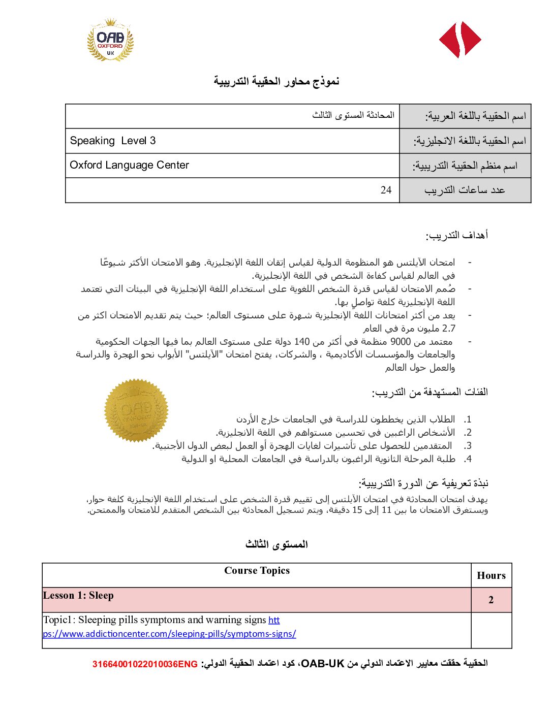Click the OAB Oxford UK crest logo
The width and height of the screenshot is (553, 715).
click(x=111, y=40)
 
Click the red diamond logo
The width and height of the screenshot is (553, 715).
click(x=460, y=40)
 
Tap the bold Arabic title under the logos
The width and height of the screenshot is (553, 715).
click(x=276, y=81)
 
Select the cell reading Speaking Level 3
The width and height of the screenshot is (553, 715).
click(x=113, y=141)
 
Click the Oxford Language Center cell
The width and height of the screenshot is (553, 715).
click(x=129, y=165)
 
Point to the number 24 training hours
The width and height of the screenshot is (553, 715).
click(x=386, y=190)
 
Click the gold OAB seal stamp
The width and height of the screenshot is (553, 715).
click(x=136, y=410)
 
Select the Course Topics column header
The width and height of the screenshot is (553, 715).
click(x=257, y=571)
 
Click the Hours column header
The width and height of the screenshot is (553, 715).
click(x=491, y=575)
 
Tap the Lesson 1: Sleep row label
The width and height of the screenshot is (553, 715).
click(x=78, y=596)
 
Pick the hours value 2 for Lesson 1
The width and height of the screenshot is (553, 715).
click(x=491, y=600)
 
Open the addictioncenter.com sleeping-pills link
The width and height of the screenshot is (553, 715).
click(x=169, y=634)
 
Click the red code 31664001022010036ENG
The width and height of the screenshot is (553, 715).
click(x=145, y=664)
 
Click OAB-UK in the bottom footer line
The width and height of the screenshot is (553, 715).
click(x=323, y=663)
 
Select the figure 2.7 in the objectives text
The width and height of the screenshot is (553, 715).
click(x=449, y=328)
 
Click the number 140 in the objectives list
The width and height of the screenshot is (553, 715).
click(x=302, y=341)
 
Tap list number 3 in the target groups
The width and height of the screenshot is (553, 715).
click(x=468, y=446)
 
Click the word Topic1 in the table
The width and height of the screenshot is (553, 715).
click(x=58, y=620)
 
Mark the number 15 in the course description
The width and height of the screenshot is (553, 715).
click(x=357, y=510)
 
